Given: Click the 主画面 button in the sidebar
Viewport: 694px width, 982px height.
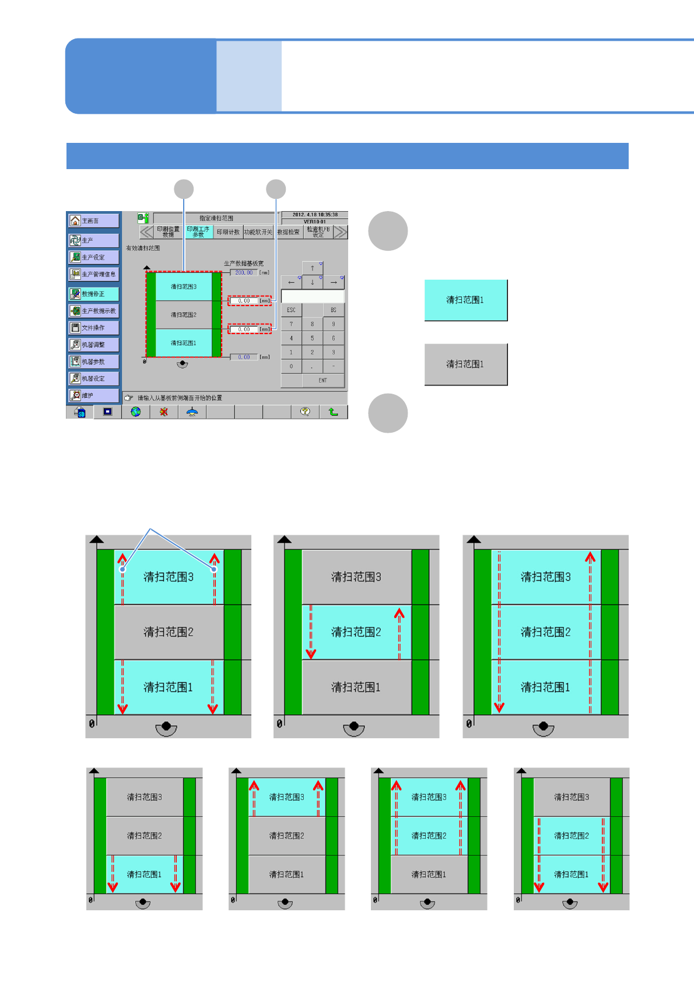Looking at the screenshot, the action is pyautogui.click(x=93, y=221).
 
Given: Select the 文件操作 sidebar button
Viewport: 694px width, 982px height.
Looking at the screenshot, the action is pyautogui.click(x=93, y=328).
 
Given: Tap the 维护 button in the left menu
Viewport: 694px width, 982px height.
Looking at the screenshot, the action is pyautogui.click(x=93, y=395).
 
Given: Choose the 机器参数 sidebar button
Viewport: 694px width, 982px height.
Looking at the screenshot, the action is pyautogui.click(x=93, y=362).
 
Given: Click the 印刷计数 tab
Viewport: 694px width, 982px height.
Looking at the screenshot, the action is pyautogui.click(x=228, y=232).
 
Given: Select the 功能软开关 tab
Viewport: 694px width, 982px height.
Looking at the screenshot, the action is pyautogui.click(x=258, y=232).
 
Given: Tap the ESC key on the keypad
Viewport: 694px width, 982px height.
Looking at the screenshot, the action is pyautogui.click(x=291, y=310).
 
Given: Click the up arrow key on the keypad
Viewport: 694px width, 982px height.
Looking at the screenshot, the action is pyautogui.click(x=313, y=268).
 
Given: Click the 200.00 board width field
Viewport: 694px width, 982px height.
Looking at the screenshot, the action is pyautogui.click(x=244, y=272).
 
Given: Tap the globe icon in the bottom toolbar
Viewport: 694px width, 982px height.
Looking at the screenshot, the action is pyautogui.click(x=136, y=412).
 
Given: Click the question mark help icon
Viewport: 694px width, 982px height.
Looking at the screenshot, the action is pyautogui.click(x=305, y=412).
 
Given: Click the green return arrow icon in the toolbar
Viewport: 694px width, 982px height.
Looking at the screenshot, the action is pyautogui.click(x=333, y=412).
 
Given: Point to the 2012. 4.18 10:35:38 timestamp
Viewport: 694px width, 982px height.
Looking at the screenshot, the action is pyautogui.click(x=315, y=215).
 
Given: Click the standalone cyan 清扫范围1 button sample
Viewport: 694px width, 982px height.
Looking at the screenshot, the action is pyautogui.click(x=465, y=300).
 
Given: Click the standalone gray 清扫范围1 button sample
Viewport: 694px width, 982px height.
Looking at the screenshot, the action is pyautogui.click(x=465, y=364).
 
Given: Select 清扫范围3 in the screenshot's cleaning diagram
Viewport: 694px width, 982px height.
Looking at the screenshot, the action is pyautogui.click(x=184, y=286).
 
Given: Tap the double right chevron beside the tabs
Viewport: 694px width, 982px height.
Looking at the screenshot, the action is pyautogui.click(x=341, y=232).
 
